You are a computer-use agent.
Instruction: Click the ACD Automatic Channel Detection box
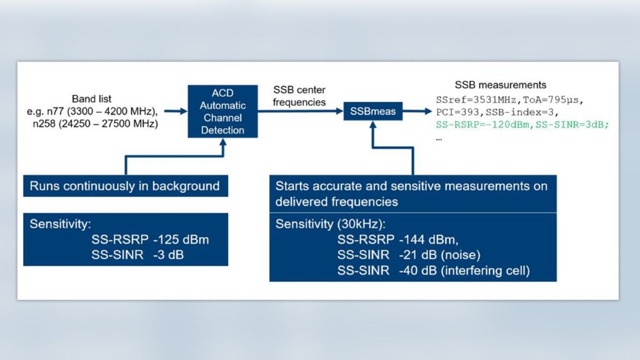(x=222, y=111)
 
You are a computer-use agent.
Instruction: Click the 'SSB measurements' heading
(x=500, y=85)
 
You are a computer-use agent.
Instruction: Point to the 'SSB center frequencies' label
(x=299, y=96)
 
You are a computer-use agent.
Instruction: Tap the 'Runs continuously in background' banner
(x=125, y=186)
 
